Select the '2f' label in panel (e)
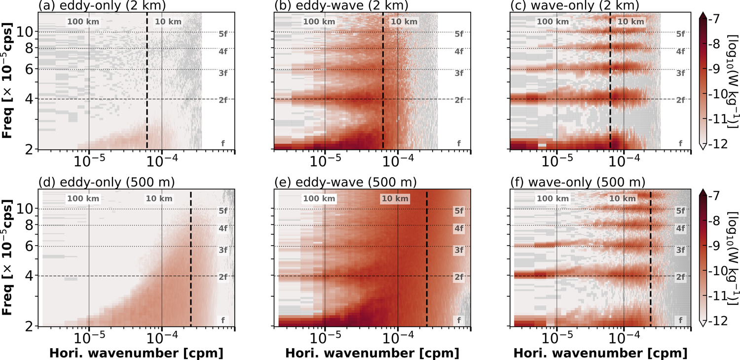459,277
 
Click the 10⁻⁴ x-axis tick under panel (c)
624,162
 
